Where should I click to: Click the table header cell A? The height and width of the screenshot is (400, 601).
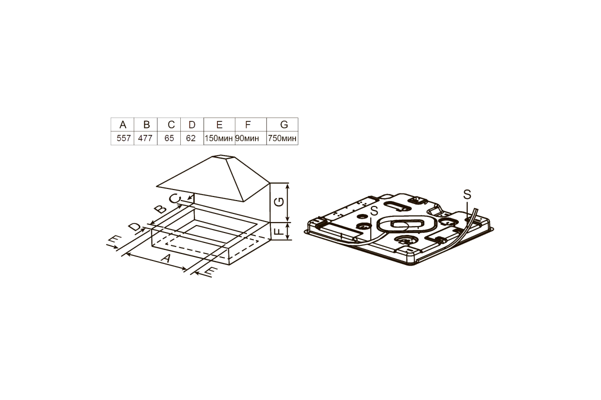pyautogui.click(x=122, y=124)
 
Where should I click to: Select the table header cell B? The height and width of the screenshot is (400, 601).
pyautogui.click(x=146, y=124)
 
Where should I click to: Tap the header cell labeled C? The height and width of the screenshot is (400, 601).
pyautogui.click(x=169, y=124)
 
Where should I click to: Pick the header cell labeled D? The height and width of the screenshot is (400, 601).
pyautogui.click(x=192, y=124)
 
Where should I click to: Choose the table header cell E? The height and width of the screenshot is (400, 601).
pyautogui.click(x=219, y=124)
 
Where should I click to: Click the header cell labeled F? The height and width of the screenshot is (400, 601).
pyautogui.click(x=251, y=124)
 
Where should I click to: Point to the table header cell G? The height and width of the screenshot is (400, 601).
pyautogui.click(x=282, y=124)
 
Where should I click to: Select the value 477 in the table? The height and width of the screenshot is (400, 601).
pyautogui.click(x=146, y=138)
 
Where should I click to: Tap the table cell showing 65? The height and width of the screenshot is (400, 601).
pyautogui.click(x=169, y=138)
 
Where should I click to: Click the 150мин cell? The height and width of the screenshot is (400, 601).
pyautogui.click(x=219, y=138)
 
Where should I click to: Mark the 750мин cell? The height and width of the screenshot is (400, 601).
pyautogui.click(x=282, y=138)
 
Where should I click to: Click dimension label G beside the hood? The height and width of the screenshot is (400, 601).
pyautogui.click(x=279, y=201)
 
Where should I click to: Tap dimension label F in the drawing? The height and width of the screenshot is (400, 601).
pyautogui.click(x=279, y=230)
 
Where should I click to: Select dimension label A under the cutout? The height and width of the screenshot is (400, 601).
pyautogui.click(x=166, y=258)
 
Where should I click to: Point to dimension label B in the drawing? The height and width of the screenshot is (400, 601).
pyautogui.click(x=160, y=208)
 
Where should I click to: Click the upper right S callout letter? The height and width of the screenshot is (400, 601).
pyautogui.click(x=467, y=194)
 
